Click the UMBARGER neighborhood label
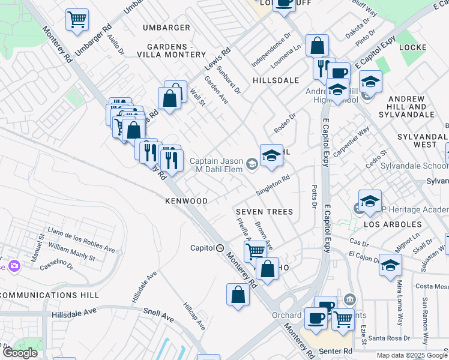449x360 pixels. point(166,28)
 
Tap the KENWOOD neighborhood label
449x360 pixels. point(187,201)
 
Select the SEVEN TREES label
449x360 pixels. point(264,212)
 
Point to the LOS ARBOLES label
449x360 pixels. point(392,224)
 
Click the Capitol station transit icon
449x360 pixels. point(220,248)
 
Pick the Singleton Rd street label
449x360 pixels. point(273,185)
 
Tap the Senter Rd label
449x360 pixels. point(339,350)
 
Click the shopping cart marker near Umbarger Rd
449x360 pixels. point(77,20)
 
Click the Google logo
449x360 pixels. point(20,353)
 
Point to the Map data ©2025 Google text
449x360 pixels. point(411,355)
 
